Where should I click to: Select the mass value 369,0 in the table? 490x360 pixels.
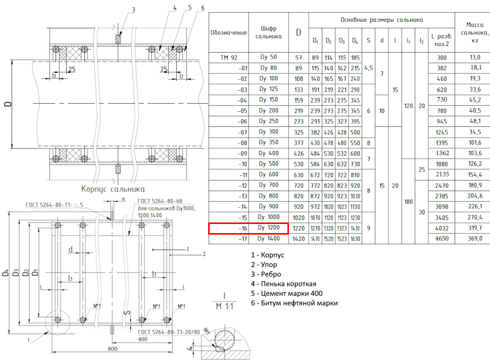tap(475, 238)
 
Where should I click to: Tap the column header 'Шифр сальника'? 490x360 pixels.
tap(268, 32)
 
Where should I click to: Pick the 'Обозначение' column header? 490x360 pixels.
tap(228, 32)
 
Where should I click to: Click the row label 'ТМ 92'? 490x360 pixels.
tap(229, 58)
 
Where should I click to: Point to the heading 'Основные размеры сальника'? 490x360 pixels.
tap(381, 20)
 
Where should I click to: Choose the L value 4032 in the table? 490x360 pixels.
tap(442, 228)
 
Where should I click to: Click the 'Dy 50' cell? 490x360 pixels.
tap(268, 57)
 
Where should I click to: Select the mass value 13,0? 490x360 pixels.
tap(475, 57)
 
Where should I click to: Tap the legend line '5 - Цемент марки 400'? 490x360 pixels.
tap(286, 293)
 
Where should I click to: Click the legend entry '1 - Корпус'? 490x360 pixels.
tap(268, 255)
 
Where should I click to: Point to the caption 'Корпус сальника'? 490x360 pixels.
tap(113, 189)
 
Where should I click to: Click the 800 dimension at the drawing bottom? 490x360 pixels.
tap(113, 348)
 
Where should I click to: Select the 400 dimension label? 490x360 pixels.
tap(142, 339)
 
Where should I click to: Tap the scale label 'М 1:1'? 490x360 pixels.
tap(224, 306)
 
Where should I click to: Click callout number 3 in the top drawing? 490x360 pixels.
tap(133, 10)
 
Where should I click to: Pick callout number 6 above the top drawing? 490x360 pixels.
tap(203, 8)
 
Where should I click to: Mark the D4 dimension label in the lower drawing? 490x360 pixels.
tap(6, 273)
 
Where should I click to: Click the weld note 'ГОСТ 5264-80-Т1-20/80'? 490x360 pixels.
tap(169, 332)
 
